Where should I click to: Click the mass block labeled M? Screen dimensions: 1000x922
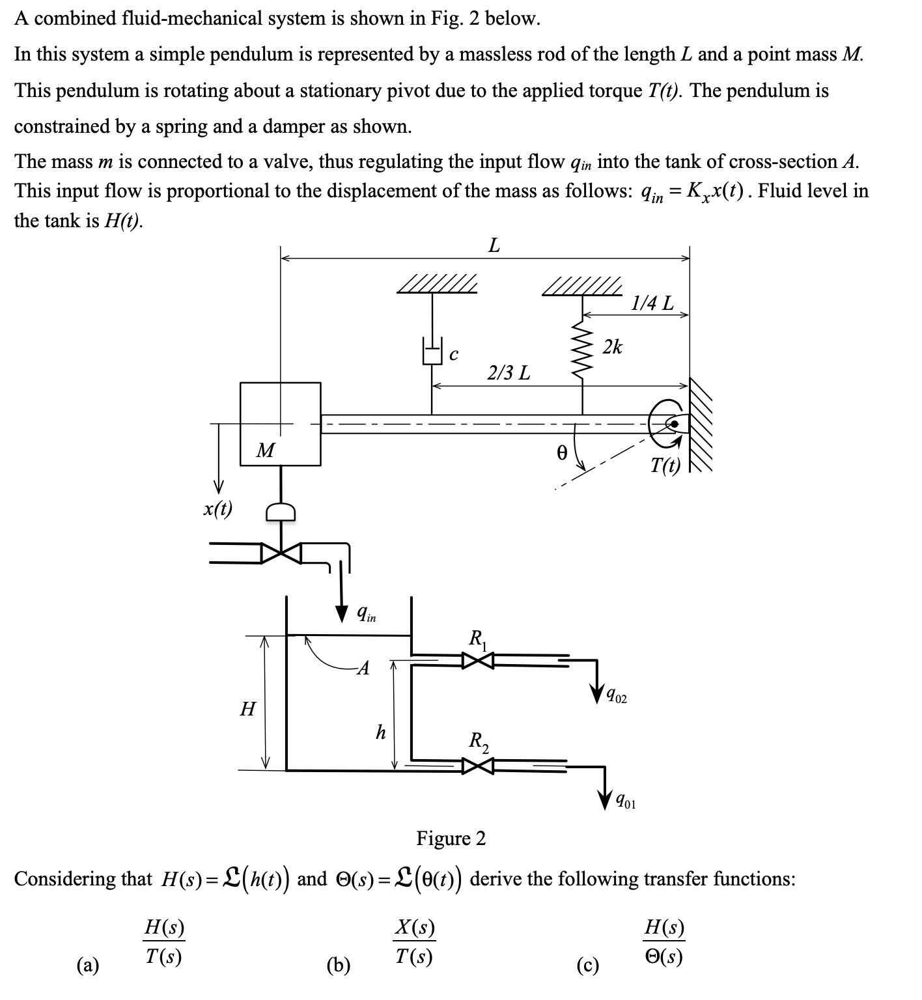pos(280,423)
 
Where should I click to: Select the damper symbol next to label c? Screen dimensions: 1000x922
pos(432,352)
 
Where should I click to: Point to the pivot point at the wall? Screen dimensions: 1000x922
pos(675,424)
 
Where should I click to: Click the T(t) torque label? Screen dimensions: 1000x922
pos(665,465)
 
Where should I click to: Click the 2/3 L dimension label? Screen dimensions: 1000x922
pos(509,373)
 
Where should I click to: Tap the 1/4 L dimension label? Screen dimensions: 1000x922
pos(653,303)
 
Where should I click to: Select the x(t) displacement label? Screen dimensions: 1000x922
pos(217,508)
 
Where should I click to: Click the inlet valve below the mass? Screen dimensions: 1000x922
pos(281,553)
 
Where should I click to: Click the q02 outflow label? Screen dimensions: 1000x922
pos(616,698)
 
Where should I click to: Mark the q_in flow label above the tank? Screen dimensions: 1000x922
pos(366,613)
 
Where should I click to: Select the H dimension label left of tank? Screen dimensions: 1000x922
pos(247,708)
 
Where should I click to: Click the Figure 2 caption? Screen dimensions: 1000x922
pos(451,838)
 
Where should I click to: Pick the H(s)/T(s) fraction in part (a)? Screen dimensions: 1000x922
pos(163,941)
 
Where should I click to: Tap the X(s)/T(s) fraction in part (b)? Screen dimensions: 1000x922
pos(415,941)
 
